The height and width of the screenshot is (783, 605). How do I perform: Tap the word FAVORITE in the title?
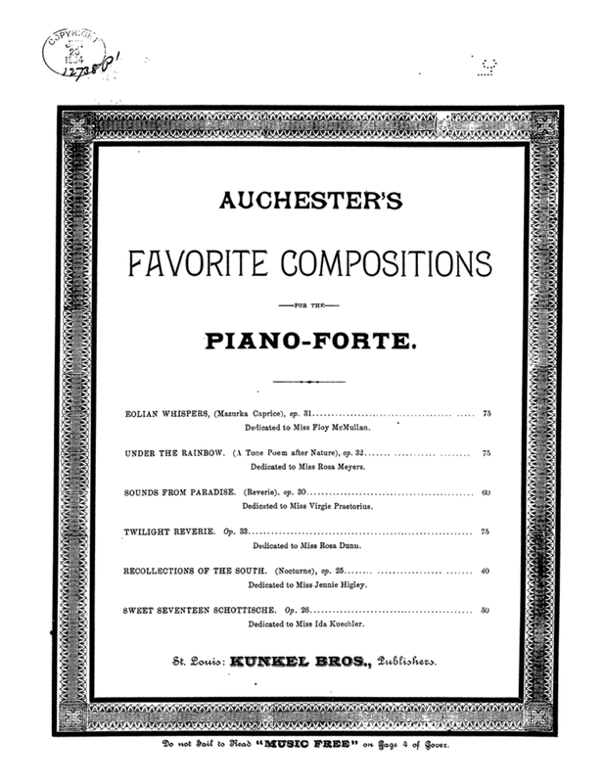tap(196, 262)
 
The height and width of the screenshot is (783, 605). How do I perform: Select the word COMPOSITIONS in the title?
tap(382, 262)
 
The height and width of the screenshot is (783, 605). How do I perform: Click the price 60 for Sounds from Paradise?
tap(486, 492)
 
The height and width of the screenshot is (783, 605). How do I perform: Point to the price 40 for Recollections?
tap(486, 570)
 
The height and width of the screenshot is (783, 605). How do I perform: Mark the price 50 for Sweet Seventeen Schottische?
tap(486, 609)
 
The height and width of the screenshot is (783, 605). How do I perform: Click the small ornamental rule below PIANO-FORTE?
tap(308, 381)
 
